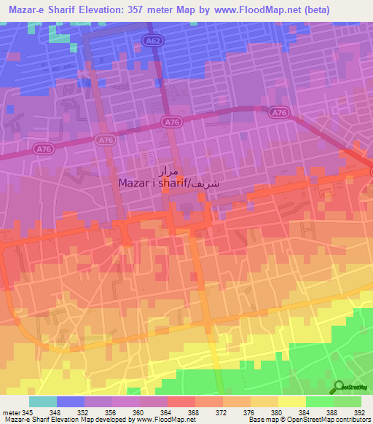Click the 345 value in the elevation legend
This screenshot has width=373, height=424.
[28, 412]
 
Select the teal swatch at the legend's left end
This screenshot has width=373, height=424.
[42, 401]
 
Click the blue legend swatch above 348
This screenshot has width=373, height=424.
[70, 401]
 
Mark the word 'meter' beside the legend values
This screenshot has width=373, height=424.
[10, 412]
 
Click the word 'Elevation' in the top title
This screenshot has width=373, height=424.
[98, 10]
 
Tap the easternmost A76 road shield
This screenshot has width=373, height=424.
[277, 111]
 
